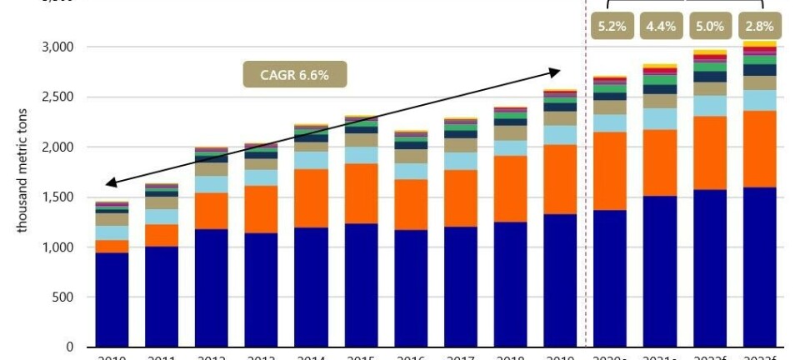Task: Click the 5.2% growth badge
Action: click(x=611, y=26)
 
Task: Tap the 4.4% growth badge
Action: click(x=660, y=26)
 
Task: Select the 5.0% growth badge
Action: click(x=709, y=26)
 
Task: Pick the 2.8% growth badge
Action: click(x=758, y=26)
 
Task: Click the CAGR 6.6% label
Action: click(x=294, y=75)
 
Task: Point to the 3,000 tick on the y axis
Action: click(x=57, y=47)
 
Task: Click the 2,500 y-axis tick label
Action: click(x=57, y=97)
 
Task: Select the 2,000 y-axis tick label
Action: click(x=57, y=147)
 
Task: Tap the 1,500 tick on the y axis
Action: click(x=57, y=197)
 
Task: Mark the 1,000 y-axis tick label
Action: click(x=57, y=247)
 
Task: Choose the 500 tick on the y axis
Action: click(x=63, y=297)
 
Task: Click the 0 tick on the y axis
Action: click(x=70, y=347)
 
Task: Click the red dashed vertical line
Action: click(x=586, y=208)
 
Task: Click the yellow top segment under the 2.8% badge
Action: click(x=758, y=43)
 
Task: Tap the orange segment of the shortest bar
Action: click(x=112, y=246)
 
